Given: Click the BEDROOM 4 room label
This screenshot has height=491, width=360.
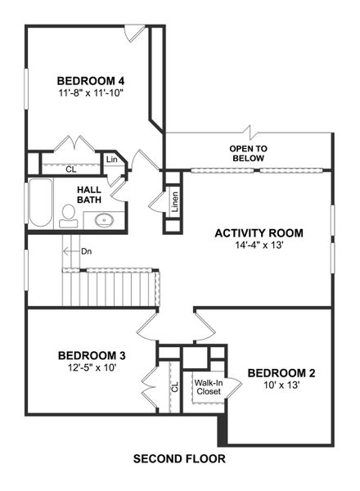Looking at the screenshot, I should point(90,80).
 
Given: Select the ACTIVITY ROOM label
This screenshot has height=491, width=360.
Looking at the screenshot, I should point(259,233).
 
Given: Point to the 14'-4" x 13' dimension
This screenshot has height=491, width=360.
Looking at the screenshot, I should point(259,246).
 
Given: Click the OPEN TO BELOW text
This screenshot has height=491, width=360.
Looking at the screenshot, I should point(250,153).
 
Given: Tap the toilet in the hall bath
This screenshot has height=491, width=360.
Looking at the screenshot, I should point(69,215).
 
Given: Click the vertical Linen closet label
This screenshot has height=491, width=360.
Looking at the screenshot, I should point(174,201).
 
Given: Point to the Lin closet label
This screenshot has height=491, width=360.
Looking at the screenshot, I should point(111,160).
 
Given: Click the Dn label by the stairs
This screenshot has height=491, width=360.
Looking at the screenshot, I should point(86,251).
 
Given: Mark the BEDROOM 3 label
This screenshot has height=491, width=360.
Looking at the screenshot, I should point(92,355).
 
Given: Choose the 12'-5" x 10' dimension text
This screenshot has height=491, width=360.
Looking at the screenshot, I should point(92,368).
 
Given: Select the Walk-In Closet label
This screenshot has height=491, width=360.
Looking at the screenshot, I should point(208,386).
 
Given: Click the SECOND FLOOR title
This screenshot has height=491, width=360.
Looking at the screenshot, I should point(179,459).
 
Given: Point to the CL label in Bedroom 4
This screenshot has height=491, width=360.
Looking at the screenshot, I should point(71,169).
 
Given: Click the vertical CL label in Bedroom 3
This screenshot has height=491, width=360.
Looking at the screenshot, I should point(174,387).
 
